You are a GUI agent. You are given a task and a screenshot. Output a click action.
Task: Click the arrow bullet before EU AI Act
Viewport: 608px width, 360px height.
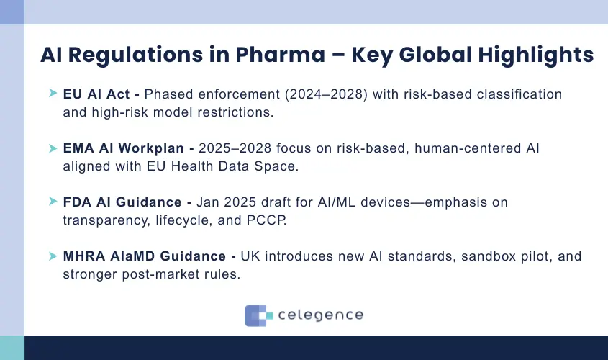(x=53, y=94)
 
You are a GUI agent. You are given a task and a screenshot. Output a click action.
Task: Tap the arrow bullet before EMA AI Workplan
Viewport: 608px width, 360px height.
(x=53, y=148)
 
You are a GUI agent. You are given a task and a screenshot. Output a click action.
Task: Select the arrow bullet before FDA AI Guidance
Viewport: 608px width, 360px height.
(x=53, y=202)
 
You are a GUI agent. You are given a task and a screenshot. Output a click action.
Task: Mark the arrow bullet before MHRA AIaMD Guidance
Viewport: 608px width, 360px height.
(x=53, y=256)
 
